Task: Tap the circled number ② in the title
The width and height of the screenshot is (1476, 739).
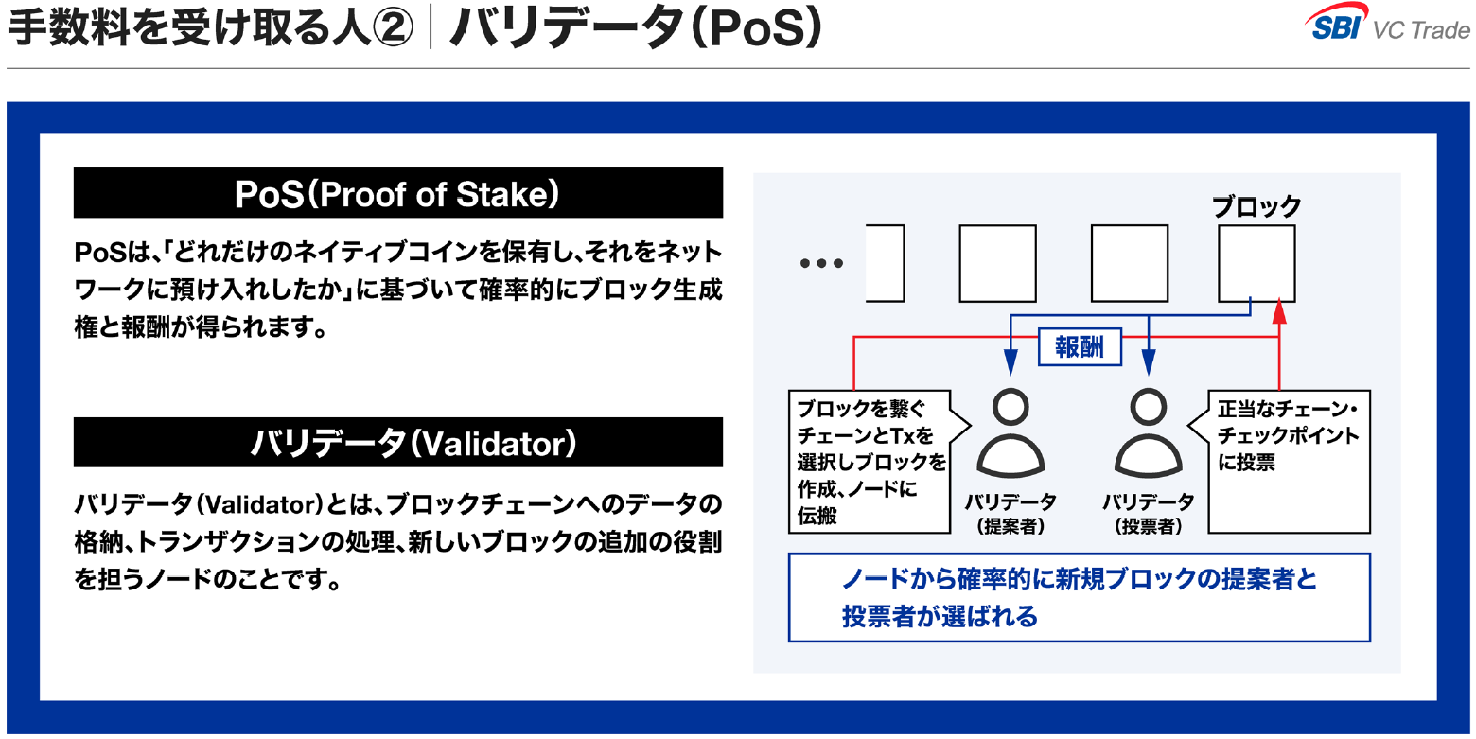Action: [393, 28]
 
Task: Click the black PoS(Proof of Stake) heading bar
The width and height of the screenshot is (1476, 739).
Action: [398, 192]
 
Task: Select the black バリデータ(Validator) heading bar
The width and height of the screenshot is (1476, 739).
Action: [398, 442]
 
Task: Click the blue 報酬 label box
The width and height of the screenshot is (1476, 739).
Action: [1080, 346]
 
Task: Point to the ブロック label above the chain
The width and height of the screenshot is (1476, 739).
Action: [1256, 206]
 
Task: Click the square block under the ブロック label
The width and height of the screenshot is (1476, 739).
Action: [1256, 264]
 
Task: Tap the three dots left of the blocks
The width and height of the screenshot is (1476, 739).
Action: [821, 263]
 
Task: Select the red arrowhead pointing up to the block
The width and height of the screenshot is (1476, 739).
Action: [1279, 311]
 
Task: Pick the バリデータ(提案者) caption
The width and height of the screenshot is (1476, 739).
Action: [1010, 514]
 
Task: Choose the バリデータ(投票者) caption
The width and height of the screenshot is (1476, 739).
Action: [1149, 514]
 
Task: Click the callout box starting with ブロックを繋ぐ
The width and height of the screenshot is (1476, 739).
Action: [870, 462]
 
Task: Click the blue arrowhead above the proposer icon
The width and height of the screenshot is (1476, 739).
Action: [1010, 362]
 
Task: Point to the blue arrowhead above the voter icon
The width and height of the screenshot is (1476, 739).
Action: [1149, 362]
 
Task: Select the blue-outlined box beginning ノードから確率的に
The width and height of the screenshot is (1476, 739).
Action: [1080, 597]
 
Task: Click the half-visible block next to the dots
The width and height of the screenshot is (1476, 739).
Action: [885, 264]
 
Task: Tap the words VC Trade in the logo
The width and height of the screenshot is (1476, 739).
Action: [1421, 30]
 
